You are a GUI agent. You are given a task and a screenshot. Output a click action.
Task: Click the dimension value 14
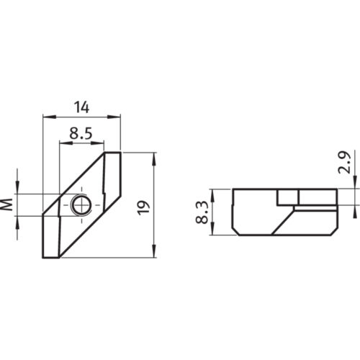tap(81, 107)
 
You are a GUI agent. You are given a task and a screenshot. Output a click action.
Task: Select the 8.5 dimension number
tap(80, 134)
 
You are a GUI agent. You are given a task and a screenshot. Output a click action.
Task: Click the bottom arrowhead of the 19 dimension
tap(154, 254)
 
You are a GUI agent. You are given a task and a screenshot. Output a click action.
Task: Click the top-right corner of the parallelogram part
tap(121, 153)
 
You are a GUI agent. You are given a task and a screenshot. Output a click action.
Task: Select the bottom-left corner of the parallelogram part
tap(43, 258)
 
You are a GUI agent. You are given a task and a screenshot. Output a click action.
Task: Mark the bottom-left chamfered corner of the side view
tap(234, 230)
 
